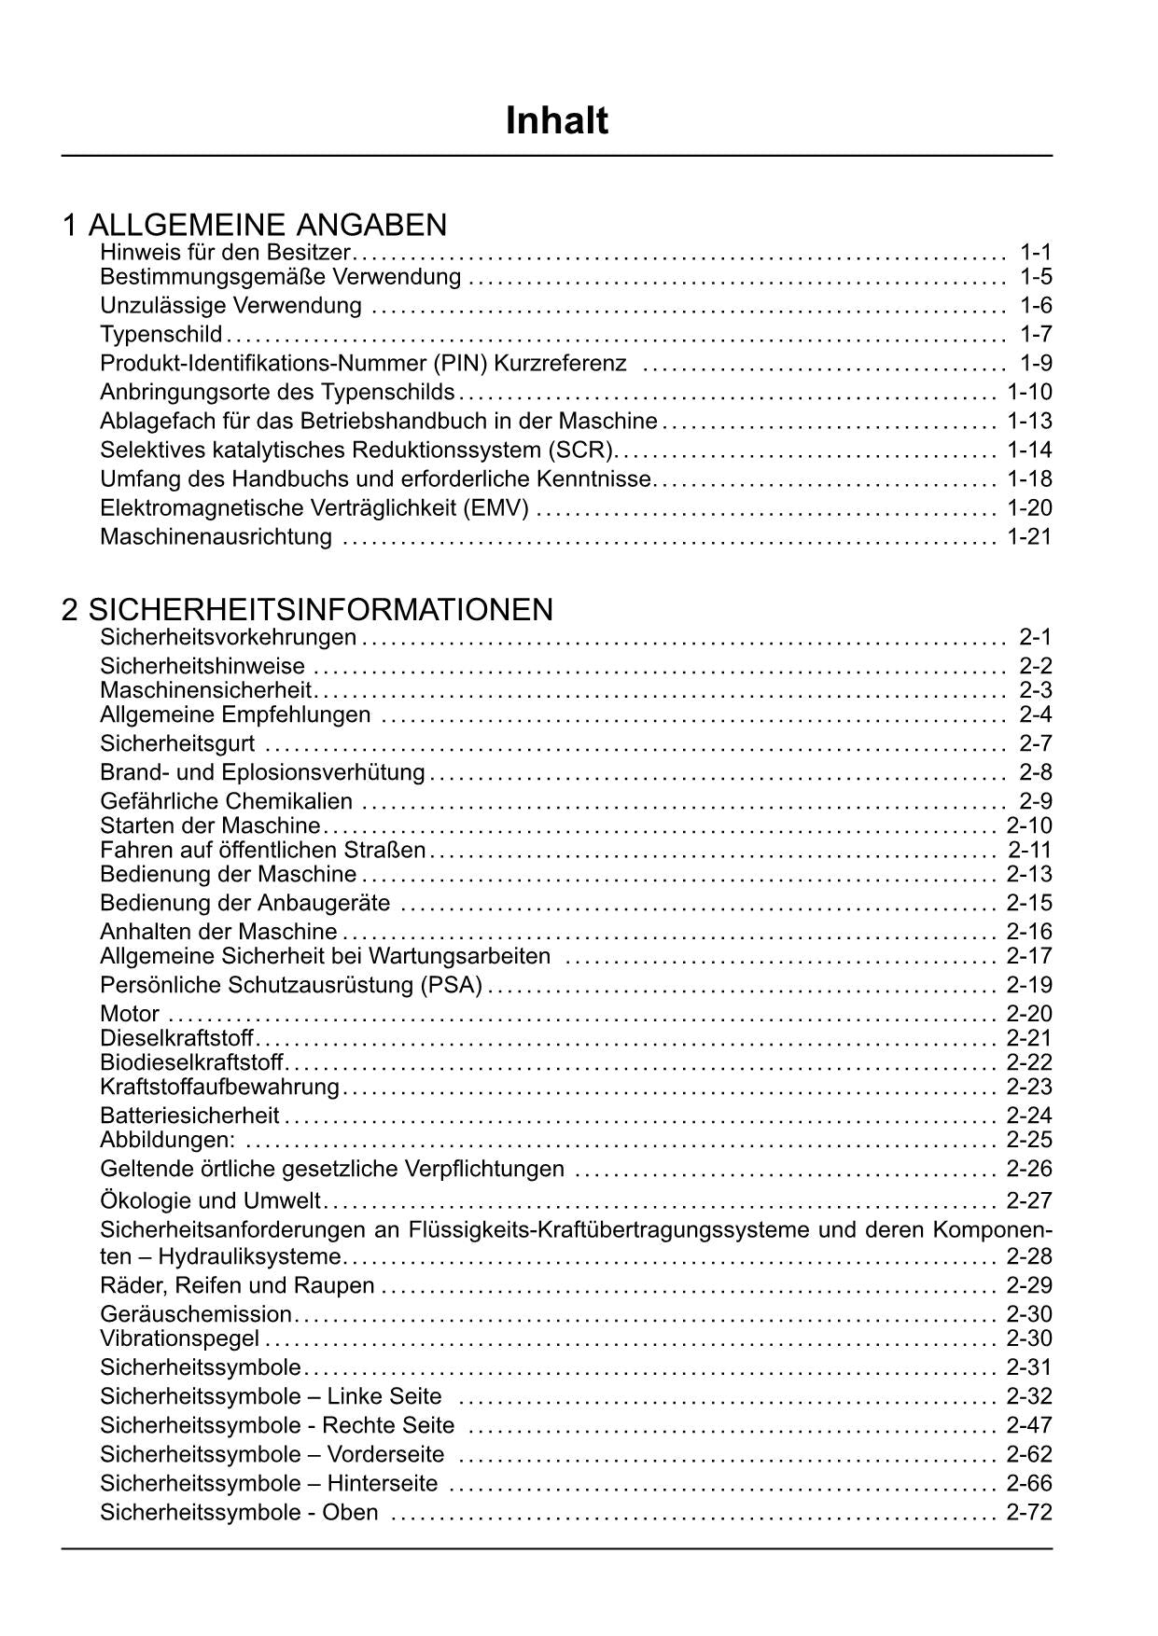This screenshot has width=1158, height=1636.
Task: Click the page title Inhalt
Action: coord(557,121)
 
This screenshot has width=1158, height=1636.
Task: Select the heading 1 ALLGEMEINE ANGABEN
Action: coord(255,225)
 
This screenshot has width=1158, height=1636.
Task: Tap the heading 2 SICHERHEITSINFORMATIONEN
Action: coord(308,610)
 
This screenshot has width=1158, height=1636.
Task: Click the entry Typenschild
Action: coord(161,334)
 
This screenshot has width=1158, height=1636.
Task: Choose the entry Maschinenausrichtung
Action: coord(216,537)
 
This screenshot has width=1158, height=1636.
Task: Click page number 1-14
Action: coord(1029,450)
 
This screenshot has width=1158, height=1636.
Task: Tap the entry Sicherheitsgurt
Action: coord(177,743)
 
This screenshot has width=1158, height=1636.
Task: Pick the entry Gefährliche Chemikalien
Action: coord(227,801)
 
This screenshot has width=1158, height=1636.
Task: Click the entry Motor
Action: coord(130,1014)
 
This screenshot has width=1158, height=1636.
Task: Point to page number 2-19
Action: coord(1029,985)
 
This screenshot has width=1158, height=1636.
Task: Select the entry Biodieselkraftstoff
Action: coord(191,1062)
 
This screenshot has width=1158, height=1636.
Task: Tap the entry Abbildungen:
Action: coord(168,1140)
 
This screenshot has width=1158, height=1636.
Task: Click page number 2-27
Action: coord(1029,1200)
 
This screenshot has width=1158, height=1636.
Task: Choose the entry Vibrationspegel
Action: coord(180,1339)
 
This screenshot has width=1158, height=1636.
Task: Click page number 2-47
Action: coord(1029,1425)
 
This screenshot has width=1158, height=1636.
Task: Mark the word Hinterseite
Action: coord(383,1483)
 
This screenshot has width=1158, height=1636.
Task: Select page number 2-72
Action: coord(1029,1512)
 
